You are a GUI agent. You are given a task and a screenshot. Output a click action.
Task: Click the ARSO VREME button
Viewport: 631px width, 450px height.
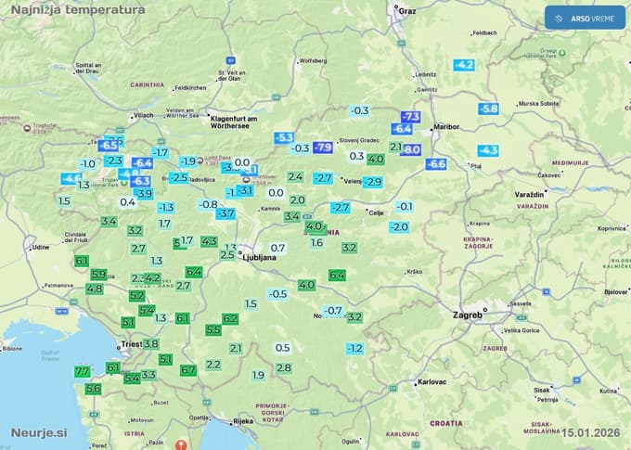click(x=586, y=19)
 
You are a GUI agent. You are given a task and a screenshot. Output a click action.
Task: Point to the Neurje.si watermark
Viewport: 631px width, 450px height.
click(x=40, y=432)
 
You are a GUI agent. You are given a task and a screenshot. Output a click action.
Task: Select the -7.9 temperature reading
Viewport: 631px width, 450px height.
click(x=323, y=148)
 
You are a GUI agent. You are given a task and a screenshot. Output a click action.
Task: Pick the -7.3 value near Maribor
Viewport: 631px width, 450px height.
click(x=411, y=116)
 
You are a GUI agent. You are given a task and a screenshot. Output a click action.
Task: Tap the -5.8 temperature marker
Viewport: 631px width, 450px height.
click(x=488, y=109)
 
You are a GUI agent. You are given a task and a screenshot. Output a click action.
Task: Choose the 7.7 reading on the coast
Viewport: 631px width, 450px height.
click(x=82, y=371)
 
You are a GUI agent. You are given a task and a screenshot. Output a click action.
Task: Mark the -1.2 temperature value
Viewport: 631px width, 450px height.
click(x=354, y=349)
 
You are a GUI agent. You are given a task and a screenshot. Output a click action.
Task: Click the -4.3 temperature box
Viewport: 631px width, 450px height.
click(x=488, y=150)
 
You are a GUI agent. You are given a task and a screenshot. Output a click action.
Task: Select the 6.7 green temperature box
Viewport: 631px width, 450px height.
click(x=188, y=370)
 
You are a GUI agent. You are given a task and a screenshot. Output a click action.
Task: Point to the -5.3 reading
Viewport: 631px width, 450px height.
click(x=284, y=137)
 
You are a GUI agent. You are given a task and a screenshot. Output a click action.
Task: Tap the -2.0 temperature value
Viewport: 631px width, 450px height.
click(x=399, y=227)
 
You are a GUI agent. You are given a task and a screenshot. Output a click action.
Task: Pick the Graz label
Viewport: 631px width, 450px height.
click(x=406, y=11)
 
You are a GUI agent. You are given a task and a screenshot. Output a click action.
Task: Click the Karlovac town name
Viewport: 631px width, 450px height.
click(x=432, y=382)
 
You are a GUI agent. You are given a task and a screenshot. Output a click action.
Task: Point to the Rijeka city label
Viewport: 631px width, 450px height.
click(x=243, y=421)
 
